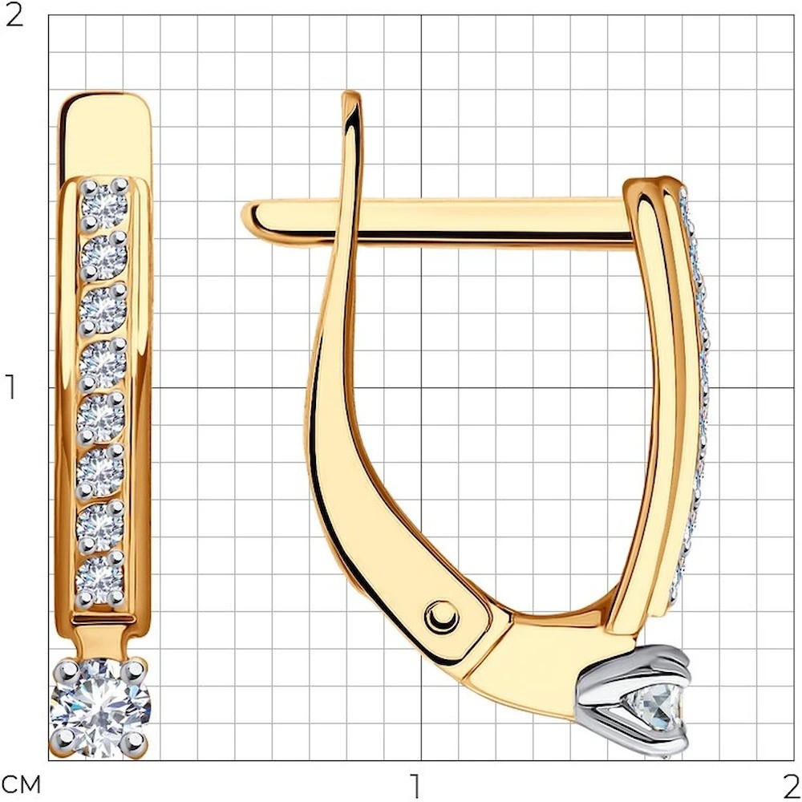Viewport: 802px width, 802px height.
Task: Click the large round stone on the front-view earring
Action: (x=100, y=707)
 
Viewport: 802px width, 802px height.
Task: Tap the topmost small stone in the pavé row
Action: (x=105, y=204)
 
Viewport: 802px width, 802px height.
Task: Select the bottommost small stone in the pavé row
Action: (x=99, y=575)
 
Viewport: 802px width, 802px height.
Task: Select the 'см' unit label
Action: (x=22, y=784)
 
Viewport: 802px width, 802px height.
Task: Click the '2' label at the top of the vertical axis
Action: (x=14, y=17)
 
